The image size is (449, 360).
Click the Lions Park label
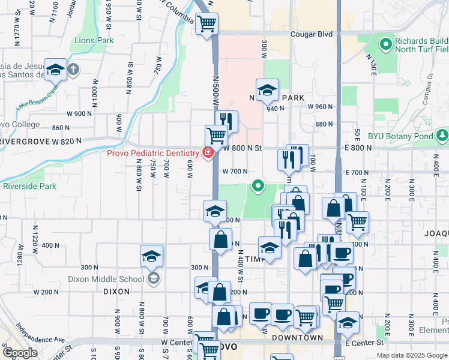click(x=94, y=41)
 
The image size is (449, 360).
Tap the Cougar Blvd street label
click(x=311, y=35)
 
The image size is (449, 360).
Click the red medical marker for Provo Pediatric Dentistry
click(x=208, y=153)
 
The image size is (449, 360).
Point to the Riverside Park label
click(x=29, y=186)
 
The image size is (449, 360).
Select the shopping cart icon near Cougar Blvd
click(x=207, y=24)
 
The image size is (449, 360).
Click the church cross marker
click(x=73, y=70)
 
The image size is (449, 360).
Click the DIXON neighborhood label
click(x=116, y=292)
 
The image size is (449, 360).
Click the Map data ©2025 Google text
click(x=411, y=355)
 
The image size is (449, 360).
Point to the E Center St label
click(x=364, y=343)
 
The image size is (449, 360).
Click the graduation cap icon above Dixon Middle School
click(x=151, y=256)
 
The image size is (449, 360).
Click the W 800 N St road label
click(x=244, y=148)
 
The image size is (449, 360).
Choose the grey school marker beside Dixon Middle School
click(x=154, y=278)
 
